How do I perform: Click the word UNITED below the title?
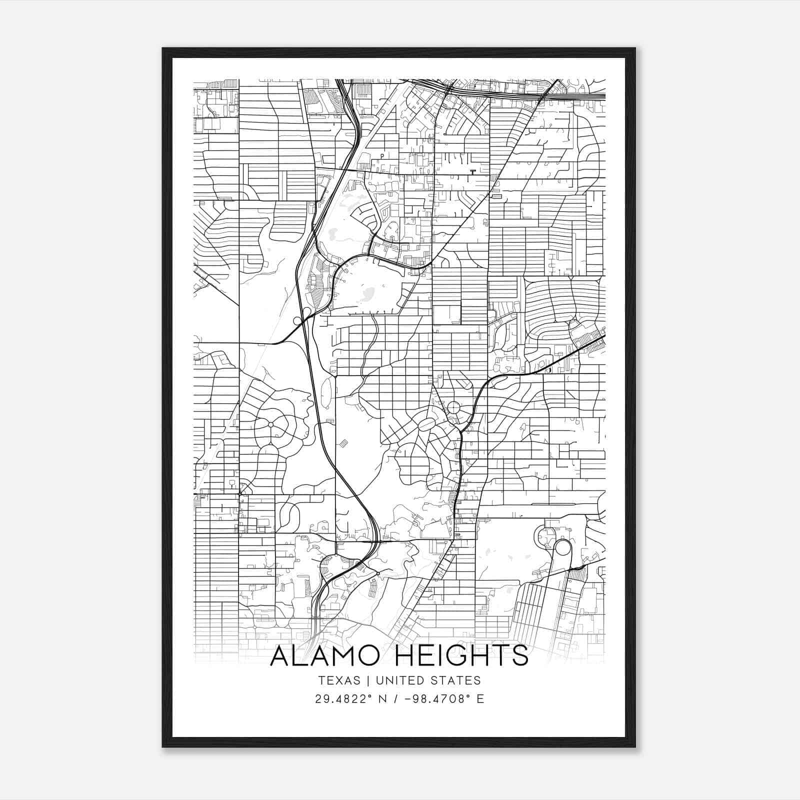pyautogui.click(x=399, y=680)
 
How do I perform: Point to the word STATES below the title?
pyautogui.click(x=456, y=680)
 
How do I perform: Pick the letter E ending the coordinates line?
pyautogui.click(x=480, y=699)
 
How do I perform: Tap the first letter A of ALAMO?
pyautogui.click(x=281, y=655)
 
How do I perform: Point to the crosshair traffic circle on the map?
pyautogui.click(x=453, y=407)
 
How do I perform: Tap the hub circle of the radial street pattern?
pyautogui.click(x=270, y=424)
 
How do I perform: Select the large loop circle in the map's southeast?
pyautogui.click(x=562, y=548)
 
